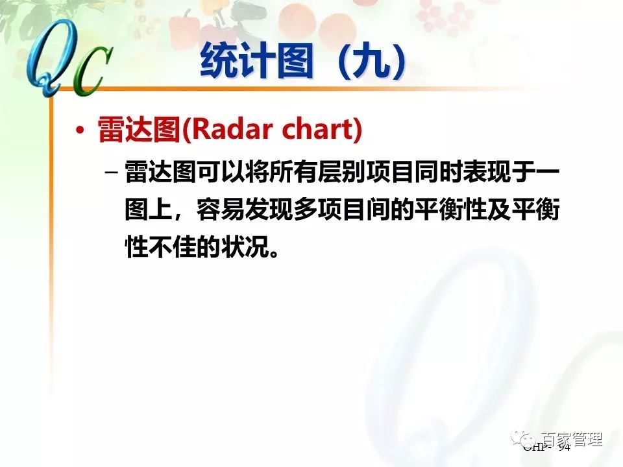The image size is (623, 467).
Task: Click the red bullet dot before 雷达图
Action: pyautogui.click(x=80, y=130)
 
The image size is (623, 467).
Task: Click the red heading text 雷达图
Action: pyautogui.click(x=138, y=130)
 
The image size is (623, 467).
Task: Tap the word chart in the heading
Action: pyautogui.click(x=317, y=130)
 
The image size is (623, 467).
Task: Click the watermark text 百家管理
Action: pyautogui.click(x=572, y=440)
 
